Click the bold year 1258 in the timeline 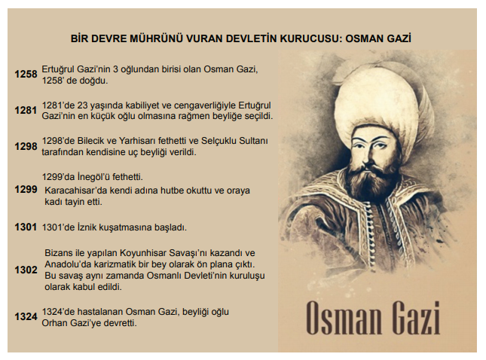click(x=26, y=75)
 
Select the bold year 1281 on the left click(x=26, y=110)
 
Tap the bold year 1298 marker click(x=26, y=146)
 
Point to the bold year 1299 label click(x=26, y=189)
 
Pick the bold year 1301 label click(x=26, y=227)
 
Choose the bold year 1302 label click(x=26, y=270)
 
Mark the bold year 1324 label click(x=26, y=316)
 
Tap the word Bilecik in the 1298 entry click(x=90, y=141)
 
